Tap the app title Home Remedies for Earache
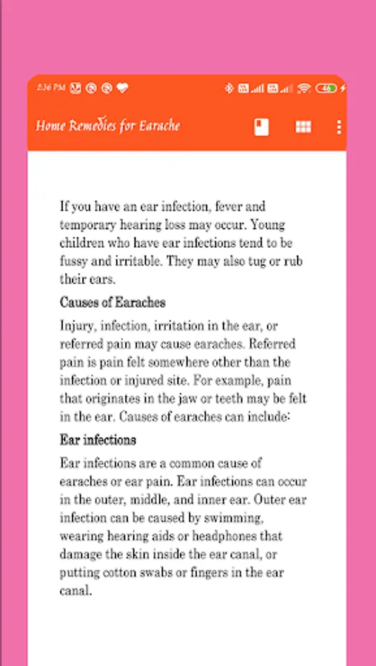click(x=108, y=126)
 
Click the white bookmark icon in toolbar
click(x=261, y=127)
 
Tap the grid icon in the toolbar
click(x=303, y=127)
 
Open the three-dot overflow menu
click(x=339, y=127)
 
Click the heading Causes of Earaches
click(x=113, y=302)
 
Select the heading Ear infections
click(x=98, y=440)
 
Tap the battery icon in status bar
click(x=326, y=88)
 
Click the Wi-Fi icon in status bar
click(x=303, y=88)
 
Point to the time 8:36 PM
click(x=50, y=88)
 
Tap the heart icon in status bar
click(x=123, y=88)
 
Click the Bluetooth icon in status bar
click(x=229, y=88)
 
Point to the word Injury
click(x=77, y=326)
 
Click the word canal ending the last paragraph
click(x=75, y=591)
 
